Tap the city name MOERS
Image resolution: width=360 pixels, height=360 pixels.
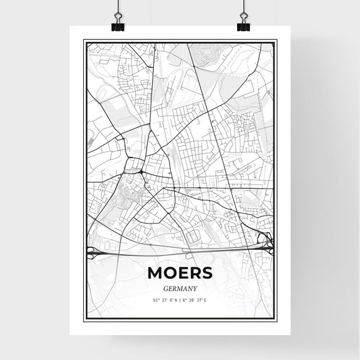point(180,273)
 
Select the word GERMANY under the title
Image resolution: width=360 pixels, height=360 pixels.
point(180,287)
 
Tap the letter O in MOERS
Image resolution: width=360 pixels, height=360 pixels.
point(168,273)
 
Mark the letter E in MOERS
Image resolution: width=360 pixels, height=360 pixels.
point(182,273)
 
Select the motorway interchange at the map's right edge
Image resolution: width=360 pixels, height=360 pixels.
point(269,240)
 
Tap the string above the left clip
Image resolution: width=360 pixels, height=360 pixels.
point(118,8)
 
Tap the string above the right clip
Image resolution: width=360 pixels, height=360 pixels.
point(242,8)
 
